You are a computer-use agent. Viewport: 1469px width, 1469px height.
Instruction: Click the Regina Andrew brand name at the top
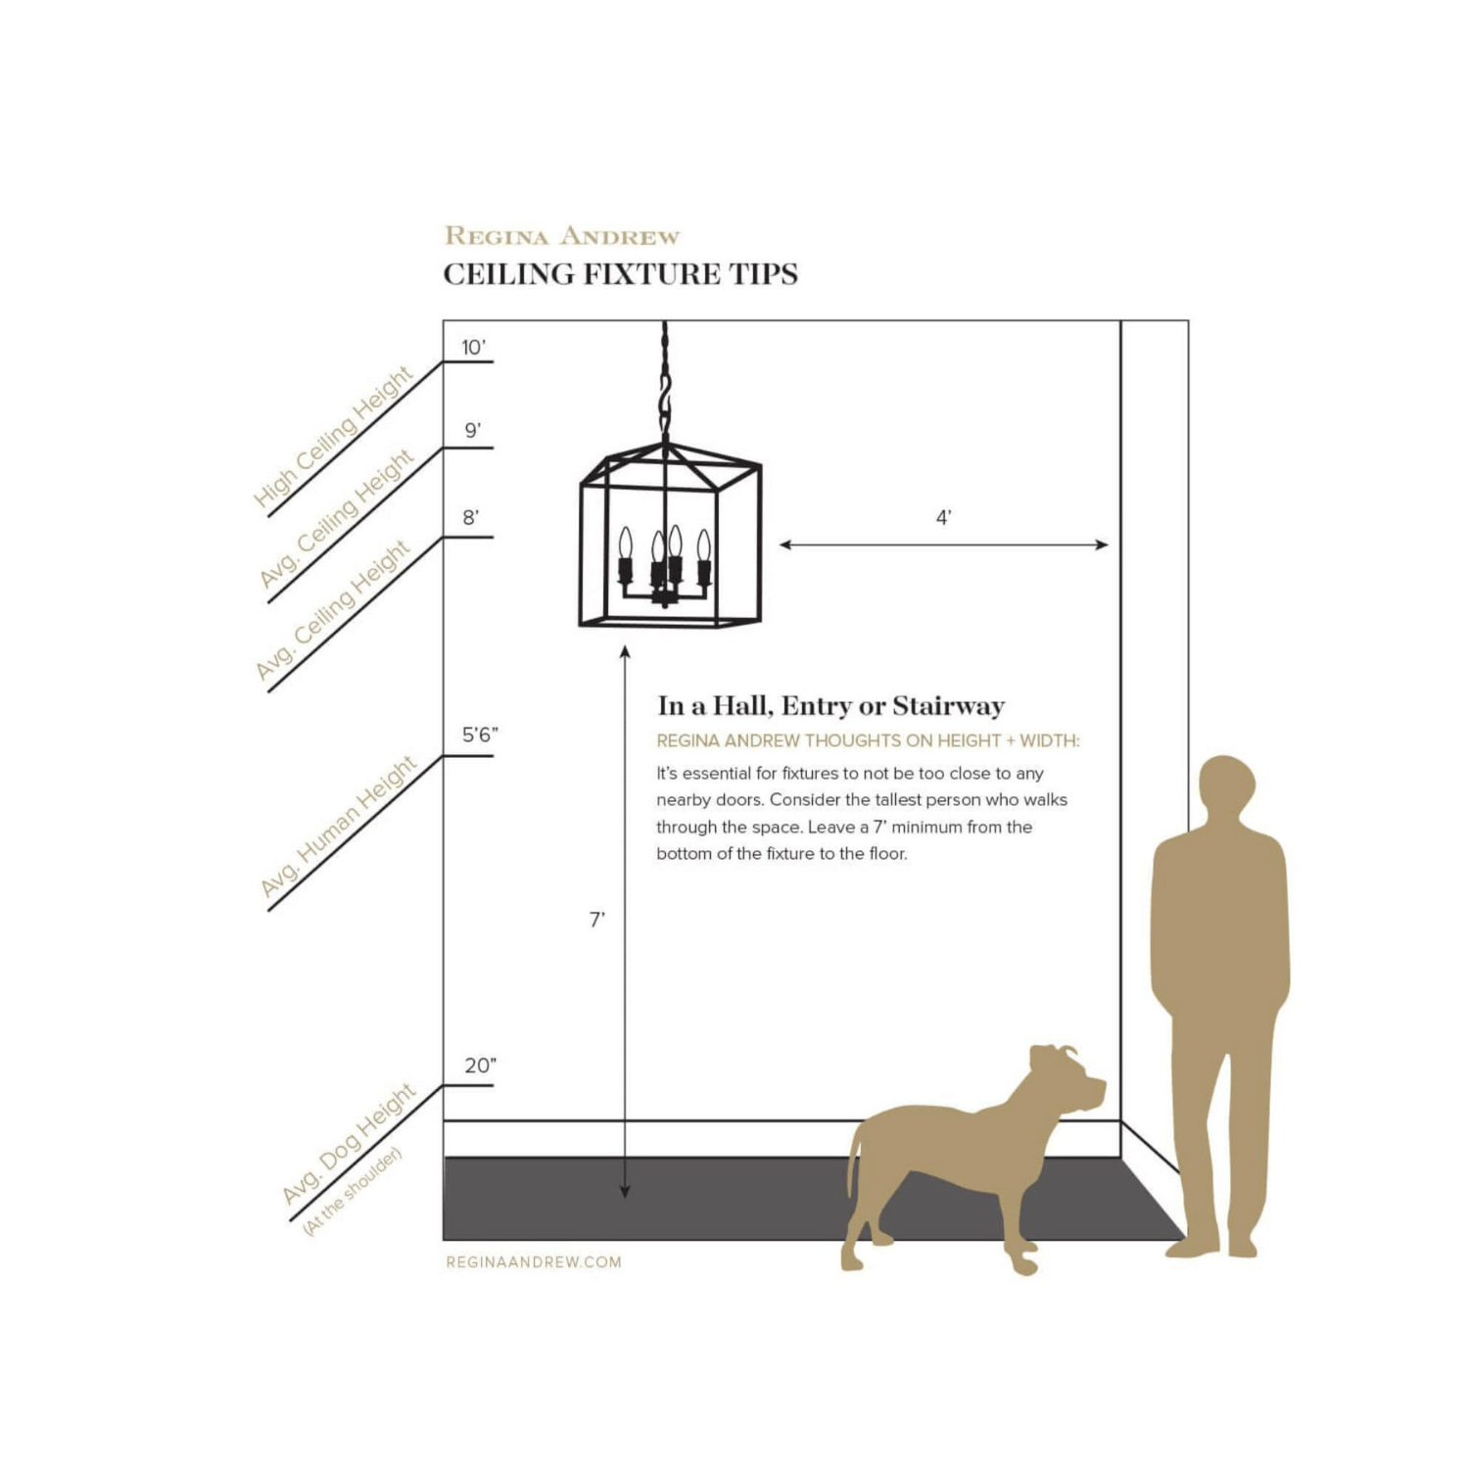point(562,236)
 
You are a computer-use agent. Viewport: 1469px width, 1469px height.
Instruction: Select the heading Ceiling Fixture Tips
point(620,274)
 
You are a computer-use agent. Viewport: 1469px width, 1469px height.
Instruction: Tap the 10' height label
point(474,347)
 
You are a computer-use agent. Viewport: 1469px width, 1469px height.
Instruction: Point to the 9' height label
point(473,430)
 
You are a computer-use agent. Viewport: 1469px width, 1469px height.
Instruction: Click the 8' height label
point(471,517)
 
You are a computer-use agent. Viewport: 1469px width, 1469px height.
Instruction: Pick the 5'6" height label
point(480,734)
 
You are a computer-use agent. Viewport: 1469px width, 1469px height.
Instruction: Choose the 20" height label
point(480,1066)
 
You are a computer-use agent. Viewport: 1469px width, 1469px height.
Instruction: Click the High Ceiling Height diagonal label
point(333,437)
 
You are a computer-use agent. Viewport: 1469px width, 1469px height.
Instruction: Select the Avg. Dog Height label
point(349,1143)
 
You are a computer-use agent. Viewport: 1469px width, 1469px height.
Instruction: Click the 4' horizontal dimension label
point(944,517)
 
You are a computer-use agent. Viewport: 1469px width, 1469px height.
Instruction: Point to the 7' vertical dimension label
point(596,919)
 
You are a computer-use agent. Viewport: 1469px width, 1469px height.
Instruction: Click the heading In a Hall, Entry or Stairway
point(831,706)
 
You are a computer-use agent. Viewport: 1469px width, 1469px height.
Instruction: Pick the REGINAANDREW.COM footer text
point(534,1262)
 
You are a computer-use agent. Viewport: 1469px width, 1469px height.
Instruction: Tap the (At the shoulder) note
point(353,1190)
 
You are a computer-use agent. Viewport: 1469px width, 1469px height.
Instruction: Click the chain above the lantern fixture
point(665,382)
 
